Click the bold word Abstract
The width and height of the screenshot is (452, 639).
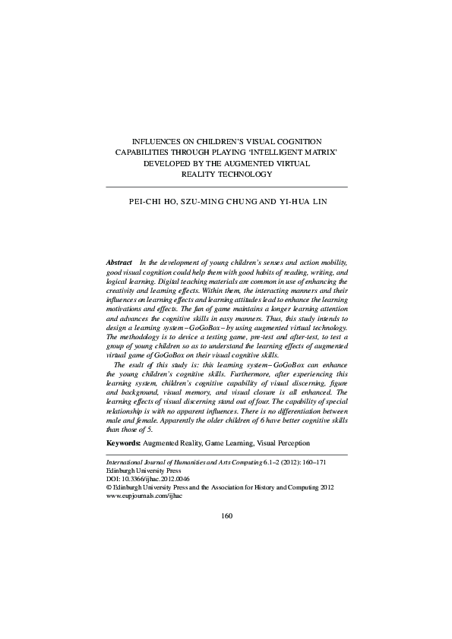119,261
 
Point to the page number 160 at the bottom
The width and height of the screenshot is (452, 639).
226,516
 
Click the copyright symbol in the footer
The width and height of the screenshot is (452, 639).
108,488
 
